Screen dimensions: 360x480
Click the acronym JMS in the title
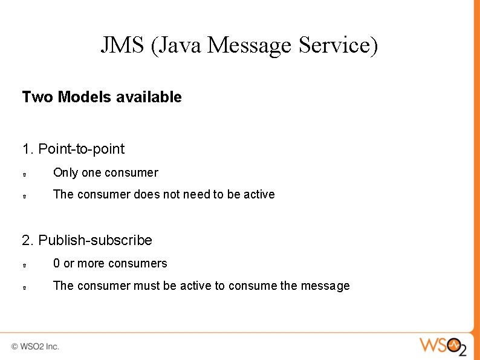[123, 45]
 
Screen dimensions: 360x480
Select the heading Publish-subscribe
[95, 240]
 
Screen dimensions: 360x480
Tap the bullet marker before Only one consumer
[23, 174]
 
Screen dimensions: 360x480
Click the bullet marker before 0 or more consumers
[23, 265]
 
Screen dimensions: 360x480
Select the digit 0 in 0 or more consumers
[57, 263]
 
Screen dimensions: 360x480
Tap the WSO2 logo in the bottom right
[443, 346]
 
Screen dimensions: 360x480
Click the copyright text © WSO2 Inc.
[35, 347]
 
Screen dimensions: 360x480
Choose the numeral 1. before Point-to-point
[28, 149]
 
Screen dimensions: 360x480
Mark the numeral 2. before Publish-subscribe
[28, 240]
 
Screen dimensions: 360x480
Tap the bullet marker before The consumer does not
[23, 196]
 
